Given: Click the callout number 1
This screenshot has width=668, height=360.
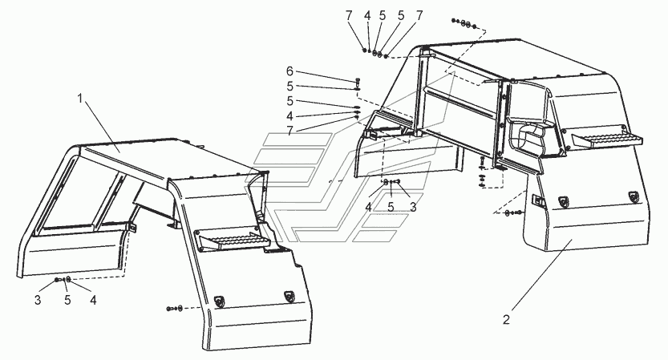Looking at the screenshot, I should coord(80,98).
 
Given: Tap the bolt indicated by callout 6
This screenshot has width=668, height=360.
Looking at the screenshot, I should coord(356,82).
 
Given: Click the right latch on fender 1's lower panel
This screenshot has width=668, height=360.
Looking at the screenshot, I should coord(288,297).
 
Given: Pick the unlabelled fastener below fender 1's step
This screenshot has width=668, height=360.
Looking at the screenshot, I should coord(174,308).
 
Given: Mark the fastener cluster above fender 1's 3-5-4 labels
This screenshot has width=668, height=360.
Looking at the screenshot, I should coord(63,280).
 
